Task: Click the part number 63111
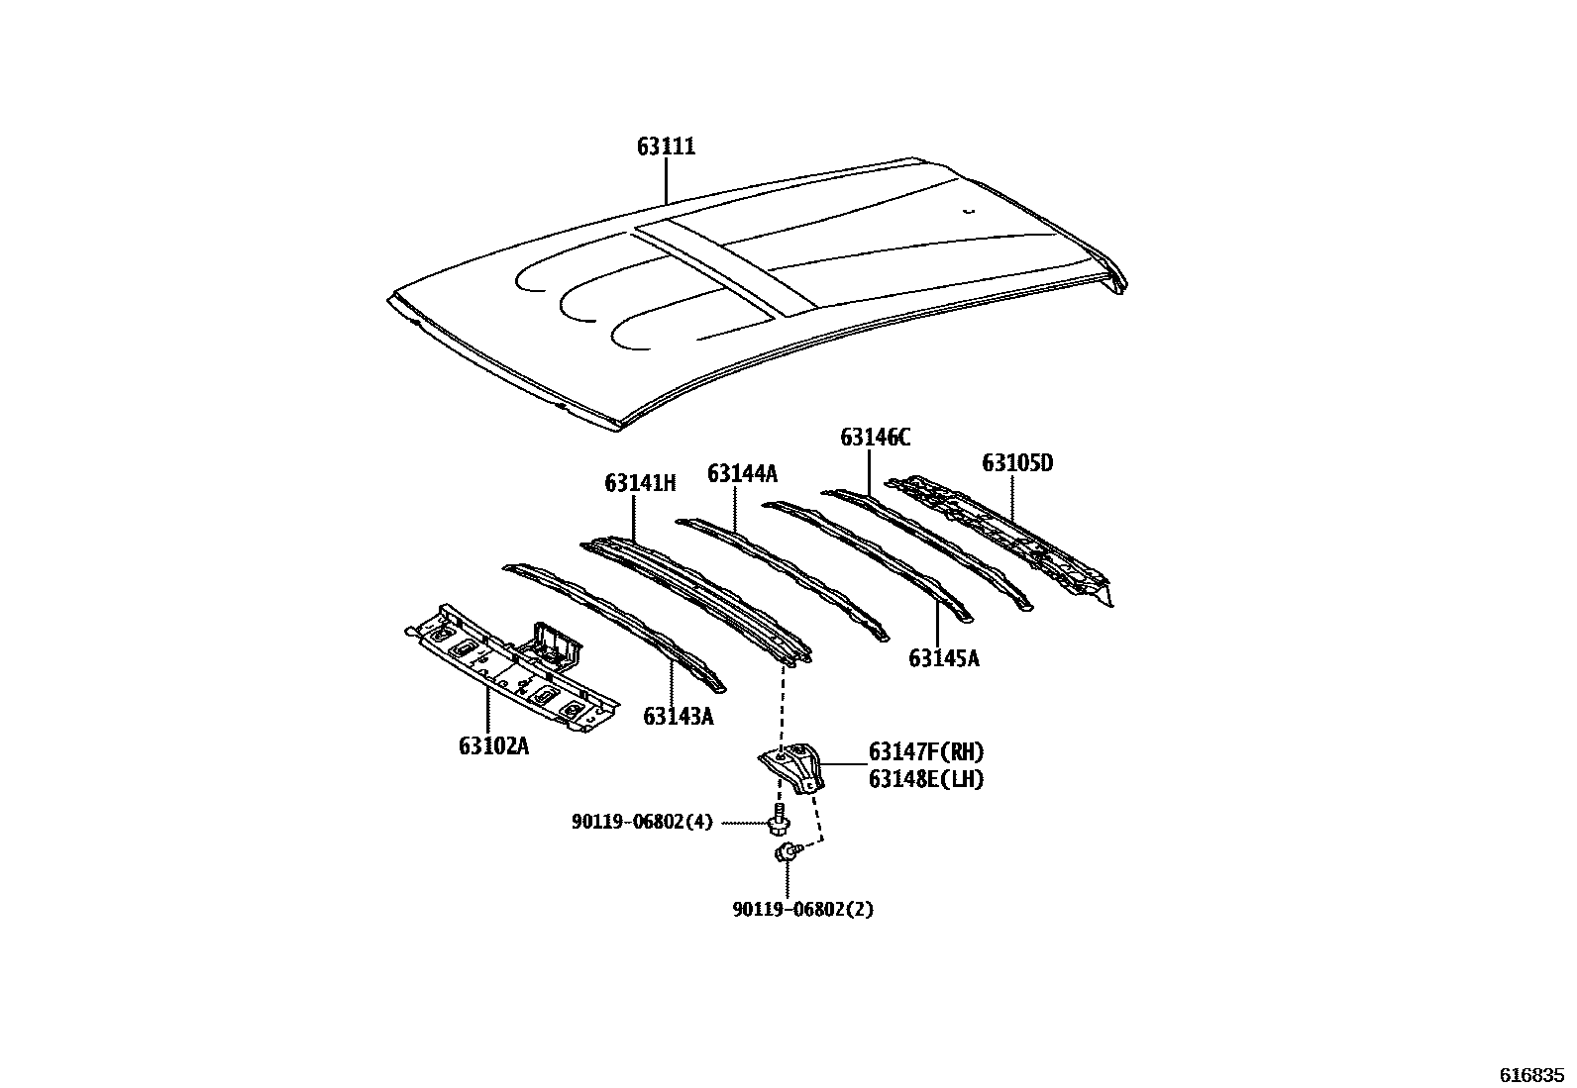[x=666, y=147]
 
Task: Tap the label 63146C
[x=875, y=438]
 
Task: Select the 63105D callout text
[x=1017, y=463]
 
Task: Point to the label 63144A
[x=742, y=473]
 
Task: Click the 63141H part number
[x=640, y=483]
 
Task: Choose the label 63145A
[x=943, y=658]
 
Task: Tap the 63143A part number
[x=678, y=717]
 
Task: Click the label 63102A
[x=493, y=746]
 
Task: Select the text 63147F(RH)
[x=926, y=752]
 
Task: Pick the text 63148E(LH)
[x=926, y=780]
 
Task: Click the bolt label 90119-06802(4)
[x=642, y=822]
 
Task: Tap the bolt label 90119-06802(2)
[x=802, y=910]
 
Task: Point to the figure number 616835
[x=1531, y=1075]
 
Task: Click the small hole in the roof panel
[x=968, y=210]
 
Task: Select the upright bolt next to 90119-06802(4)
[x=779, y=820]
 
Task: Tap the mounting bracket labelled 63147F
[x=792, y=768]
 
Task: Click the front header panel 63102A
[x=512, y=668]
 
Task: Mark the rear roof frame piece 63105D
[x=999, y=539]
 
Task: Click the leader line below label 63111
[x=666, y=181]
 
